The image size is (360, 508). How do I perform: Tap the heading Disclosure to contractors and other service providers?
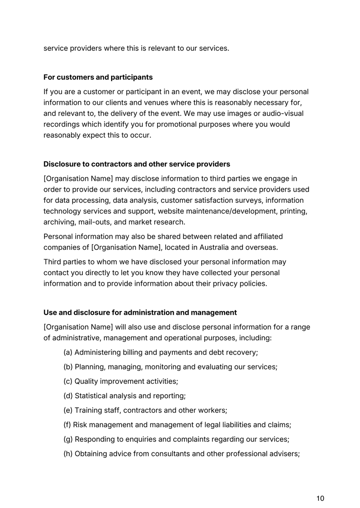(136, 164)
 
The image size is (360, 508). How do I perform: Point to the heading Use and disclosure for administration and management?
(140, 312)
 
